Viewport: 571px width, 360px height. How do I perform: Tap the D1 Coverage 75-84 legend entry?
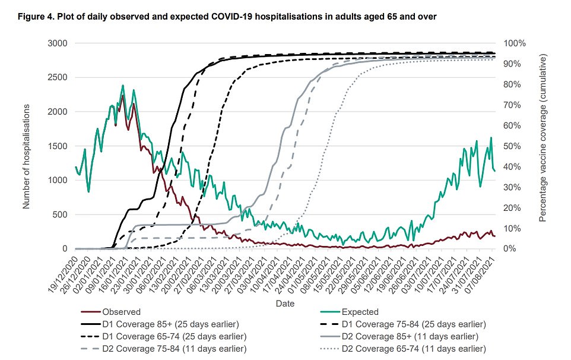coord(410,324)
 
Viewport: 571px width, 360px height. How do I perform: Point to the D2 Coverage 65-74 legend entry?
coord(410,348)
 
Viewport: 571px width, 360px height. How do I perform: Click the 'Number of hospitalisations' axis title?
coord(26,146)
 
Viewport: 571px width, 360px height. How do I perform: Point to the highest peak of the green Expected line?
coord(123,86)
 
